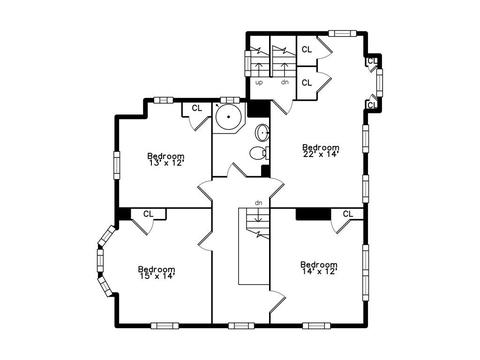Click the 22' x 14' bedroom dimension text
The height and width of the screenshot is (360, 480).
pyautogui.click(x=321, y=154)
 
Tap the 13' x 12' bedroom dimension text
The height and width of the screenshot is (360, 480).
pyautogui.click(x=166, y=163)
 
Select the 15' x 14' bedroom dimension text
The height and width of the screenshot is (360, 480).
pyautogui.click(x=157, y=276)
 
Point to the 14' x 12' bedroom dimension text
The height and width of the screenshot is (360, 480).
pyautogui.click(x=319, y=271)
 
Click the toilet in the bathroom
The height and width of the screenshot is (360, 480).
pyautogui.click(x=259, y=153)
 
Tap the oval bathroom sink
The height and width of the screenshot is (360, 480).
pyautogui.click(x=263, y=133)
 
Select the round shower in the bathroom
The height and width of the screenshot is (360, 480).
pyautogui.click(x=228, y=117)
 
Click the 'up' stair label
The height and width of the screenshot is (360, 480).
pyautogui.click(x=259, y=82)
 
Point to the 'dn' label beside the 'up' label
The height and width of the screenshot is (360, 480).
pyautogui.click(x=285, y=82)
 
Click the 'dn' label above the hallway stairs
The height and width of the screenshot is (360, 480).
pyautogui.click(x=259, y=202)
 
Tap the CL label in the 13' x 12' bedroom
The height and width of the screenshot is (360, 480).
pyautogui.click(x=197, y=108)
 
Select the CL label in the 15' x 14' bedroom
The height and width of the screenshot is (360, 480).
pyautogui.click(x=148, y=214)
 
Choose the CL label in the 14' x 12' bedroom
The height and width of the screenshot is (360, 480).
pyautogui.click(x=348, y=214)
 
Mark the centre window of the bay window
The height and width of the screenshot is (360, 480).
pyautogui.click(x=100, y=261)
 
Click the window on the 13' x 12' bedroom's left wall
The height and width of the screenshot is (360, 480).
pyautogui.click(x=116, y=165)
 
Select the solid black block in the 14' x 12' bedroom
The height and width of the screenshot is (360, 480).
pyautogui.click(x=313, y=214)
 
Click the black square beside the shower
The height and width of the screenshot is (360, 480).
pyautogui.click(x=259, y=109)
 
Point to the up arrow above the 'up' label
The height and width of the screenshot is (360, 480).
pyautogui.click(x=258, y=69)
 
